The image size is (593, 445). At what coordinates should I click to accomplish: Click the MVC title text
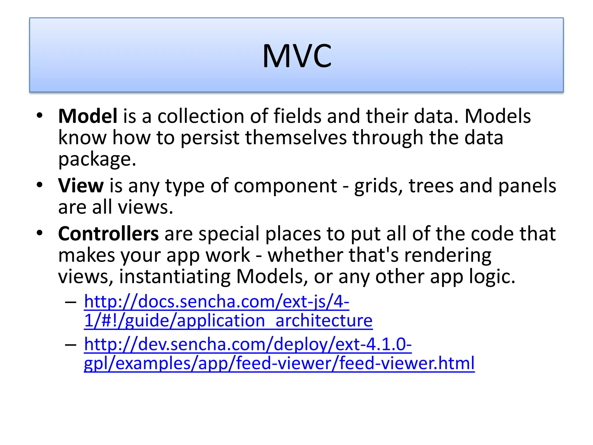point(297,56)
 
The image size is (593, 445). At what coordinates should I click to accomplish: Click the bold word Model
point(88,116)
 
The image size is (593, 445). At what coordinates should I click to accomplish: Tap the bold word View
point(81,186)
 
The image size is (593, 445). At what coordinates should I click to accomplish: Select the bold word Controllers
point(108,234)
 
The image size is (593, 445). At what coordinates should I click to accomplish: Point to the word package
point(97,160)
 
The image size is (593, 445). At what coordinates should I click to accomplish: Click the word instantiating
point(175,277)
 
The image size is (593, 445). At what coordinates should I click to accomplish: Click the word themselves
point(296,138)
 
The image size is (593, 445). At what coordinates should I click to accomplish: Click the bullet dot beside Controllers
point(40,233)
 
